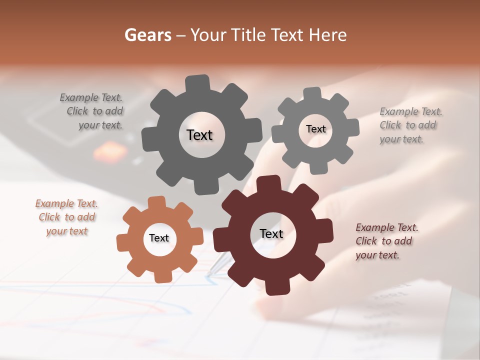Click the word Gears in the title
(148, 35)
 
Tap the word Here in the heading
(327, 35)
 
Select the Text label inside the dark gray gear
(199, 135)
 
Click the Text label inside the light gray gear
(315, 129)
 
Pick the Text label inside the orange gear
(159, 238)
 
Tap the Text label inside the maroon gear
(271, 233)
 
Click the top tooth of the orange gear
(157, 203)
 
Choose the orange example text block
(66, 217)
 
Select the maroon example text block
(386, 241)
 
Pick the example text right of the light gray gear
(410, 125)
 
